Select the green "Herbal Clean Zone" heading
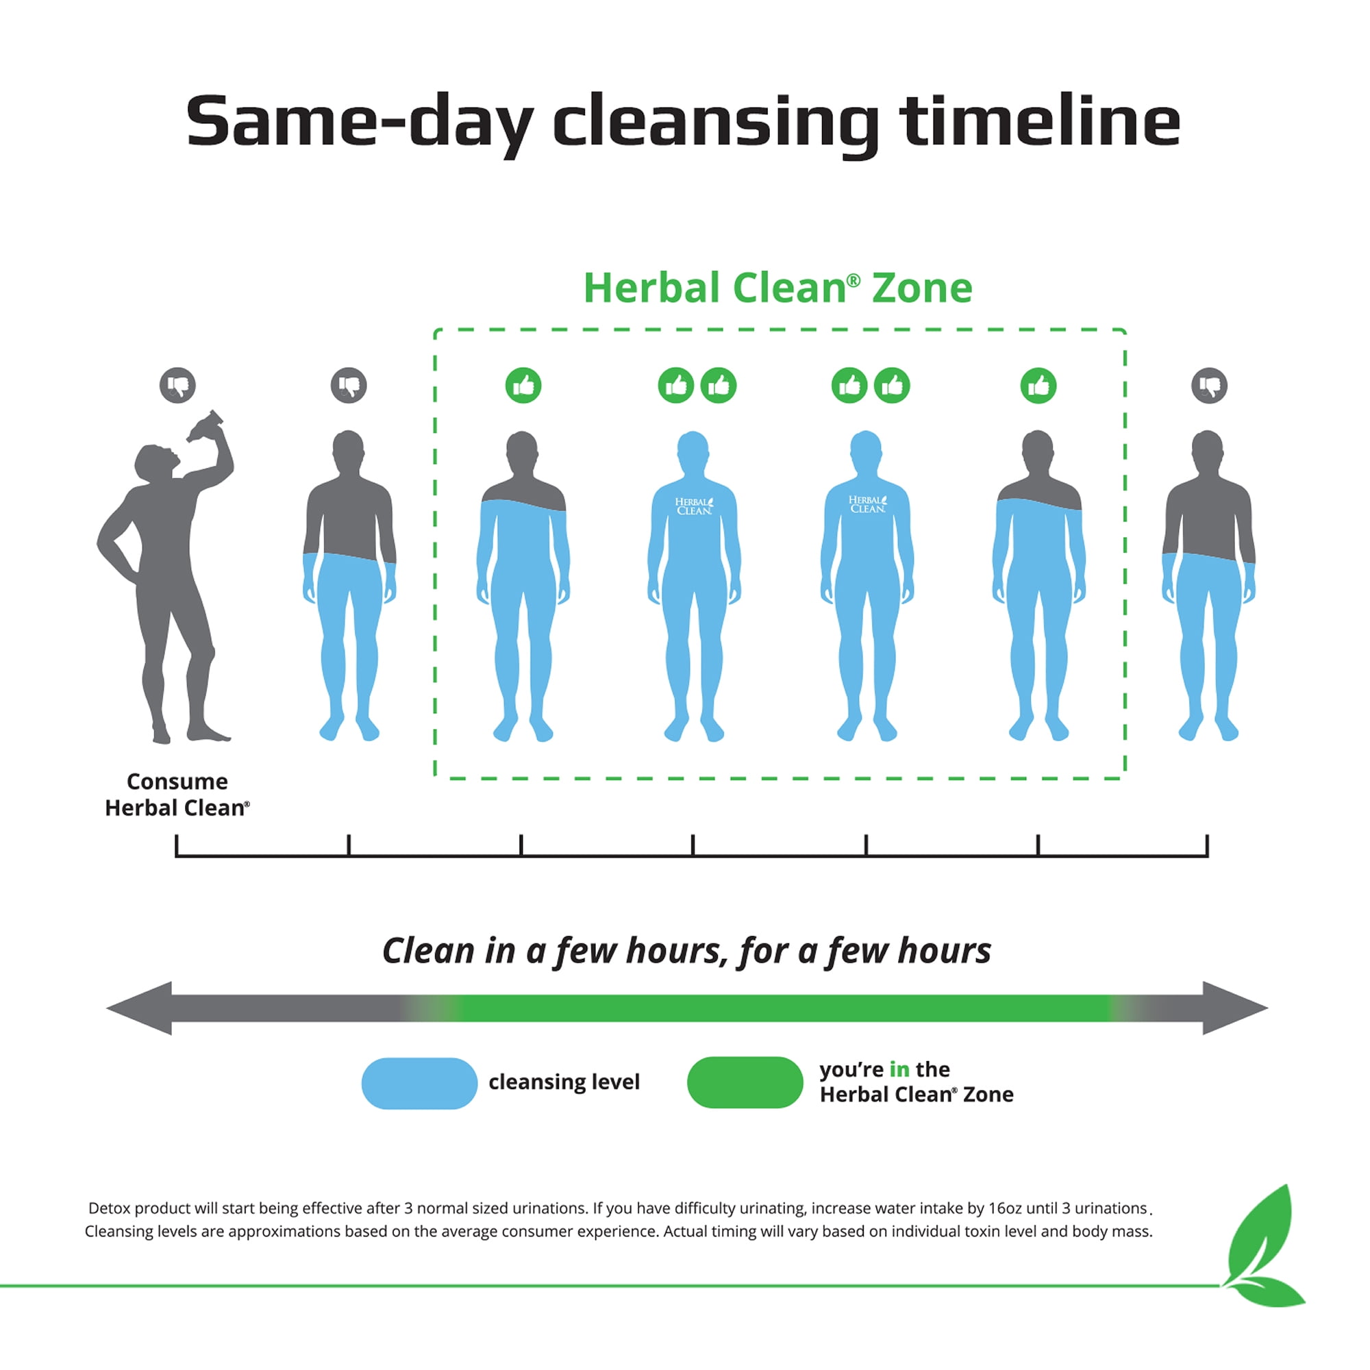[x=778, y=288]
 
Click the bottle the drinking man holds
[x=206, y=425]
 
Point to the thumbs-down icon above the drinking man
[x=177, y=385]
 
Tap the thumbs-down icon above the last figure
[x=1209, y=385]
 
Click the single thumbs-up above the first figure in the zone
[x=523, y=385]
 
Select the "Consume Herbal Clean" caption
[x=177, y=794]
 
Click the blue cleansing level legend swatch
[x=419, y=1082]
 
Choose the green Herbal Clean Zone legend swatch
[x=745, y=1082]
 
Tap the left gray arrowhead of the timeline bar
[x=140, y=1008]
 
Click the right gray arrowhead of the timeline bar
[x=1235, y=1008]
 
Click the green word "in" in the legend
[x=899, y=1069]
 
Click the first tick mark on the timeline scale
[x=177, y=845]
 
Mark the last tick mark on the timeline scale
[x=1207, y=845]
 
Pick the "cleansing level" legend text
[x=564, y=1082]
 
